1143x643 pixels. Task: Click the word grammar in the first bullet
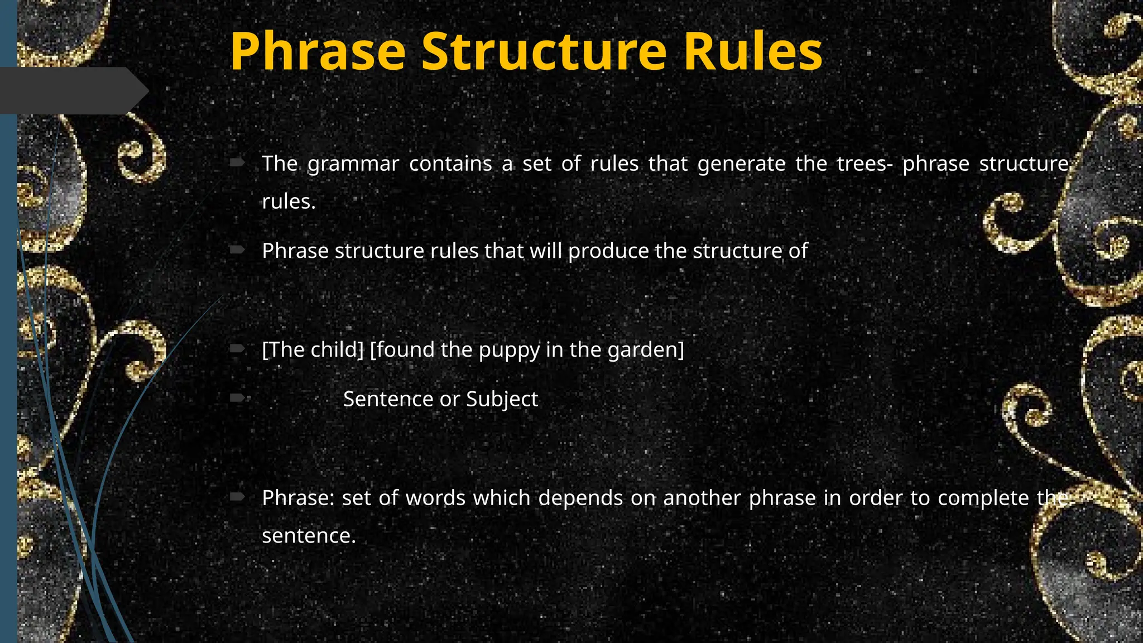(x=353, y=164)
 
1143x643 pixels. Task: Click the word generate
(x=741, y=164)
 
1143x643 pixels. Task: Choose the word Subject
(x=502, y=399)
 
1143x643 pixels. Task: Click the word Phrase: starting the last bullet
(x=298, y=498)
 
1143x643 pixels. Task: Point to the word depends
(x=580, y=498)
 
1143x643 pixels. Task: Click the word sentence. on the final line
(x=309, y=536)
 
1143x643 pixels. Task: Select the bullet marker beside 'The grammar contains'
(x=237, y=162)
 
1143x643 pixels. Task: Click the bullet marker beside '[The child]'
(x=237, y=349)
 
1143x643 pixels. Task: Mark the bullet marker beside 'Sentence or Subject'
(x=237, y=398)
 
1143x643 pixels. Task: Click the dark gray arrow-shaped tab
(x=73, y=90)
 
